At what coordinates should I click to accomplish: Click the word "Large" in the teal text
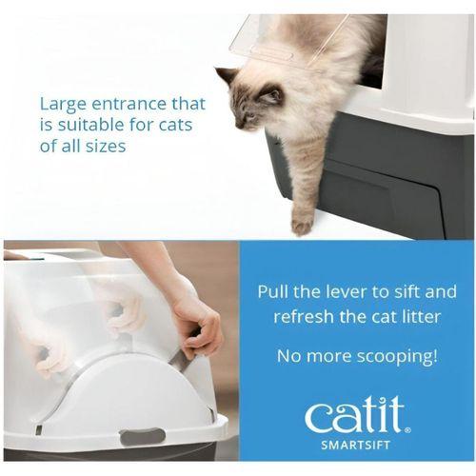click(x=63, y=104)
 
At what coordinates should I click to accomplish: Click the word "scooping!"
click(x=397, y=357)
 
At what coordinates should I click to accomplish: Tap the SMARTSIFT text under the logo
click(x=355, y=445)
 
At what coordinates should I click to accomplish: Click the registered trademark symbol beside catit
click(x=408, y=430)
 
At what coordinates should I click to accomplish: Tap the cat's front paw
click(x=302, y=225)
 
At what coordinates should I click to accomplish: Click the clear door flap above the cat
click(x=288, y=41)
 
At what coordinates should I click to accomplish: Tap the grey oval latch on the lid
click(x=143, y=436)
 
